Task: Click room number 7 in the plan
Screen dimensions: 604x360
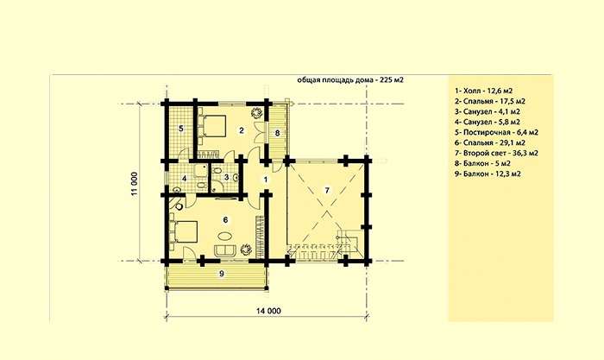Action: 327,191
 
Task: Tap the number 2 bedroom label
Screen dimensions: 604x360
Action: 242,130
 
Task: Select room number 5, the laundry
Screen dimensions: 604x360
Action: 181,129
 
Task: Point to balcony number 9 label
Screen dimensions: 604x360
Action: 222,274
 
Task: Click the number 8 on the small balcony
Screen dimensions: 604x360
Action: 277,133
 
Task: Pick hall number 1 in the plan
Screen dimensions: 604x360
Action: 266,180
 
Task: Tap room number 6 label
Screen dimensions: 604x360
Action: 226,219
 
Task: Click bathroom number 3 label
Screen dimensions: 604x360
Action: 226,177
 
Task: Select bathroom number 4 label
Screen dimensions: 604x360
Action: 185,179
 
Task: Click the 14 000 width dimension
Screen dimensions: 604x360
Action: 268,311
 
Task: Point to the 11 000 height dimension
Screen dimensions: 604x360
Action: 134,184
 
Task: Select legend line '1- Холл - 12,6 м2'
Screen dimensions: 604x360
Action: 483,91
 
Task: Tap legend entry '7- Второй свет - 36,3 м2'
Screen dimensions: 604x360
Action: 496,153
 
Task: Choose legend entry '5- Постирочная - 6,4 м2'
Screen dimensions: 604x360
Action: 496,132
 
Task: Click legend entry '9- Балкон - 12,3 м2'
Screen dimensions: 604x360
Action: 488,174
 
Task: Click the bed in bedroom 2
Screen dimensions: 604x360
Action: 212,125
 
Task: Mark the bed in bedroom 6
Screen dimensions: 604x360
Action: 184,231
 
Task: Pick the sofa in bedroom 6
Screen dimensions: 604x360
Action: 225,249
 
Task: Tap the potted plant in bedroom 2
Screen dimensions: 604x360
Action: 256,112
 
